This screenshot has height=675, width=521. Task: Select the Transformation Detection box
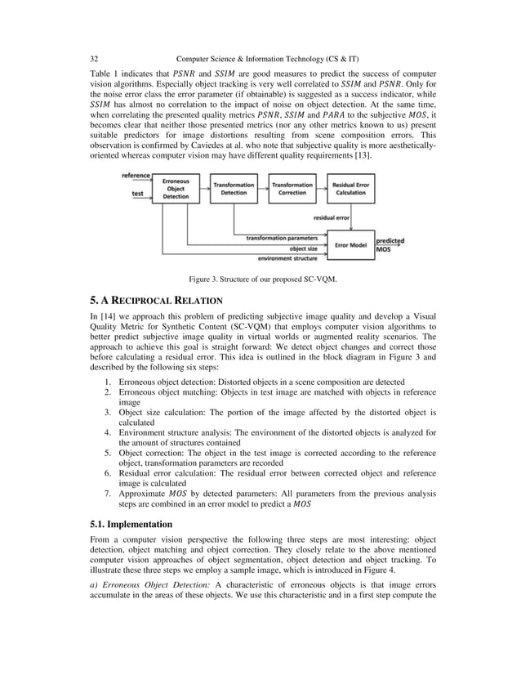(234, 187)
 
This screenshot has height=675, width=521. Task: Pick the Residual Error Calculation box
(350, 187)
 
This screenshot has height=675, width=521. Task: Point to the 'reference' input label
(136, 176)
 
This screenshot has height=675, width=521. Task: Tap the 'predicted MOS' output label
(389, 245)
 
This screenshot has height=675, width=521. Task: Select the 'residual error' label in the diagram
(331, 218)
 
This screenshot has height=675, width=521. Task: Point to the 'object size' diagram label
(304, 248)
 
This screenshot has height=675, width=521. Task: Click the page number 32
(93, 59)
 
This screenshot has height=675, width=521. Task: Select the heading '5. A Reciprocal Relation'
(156, 301)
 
